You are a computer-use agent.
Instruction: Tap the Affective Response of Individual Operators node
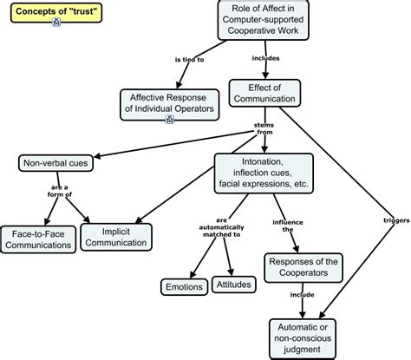coord(170,102)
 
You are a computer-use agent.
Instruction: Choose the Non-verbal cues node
coord(55,162)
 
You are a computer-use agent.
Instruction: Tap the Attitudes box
coord(234,285)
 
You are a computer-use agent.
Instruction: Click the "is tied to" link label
coord(189,61)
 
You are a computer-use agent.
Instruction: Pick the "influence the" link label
coord(282,227)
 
